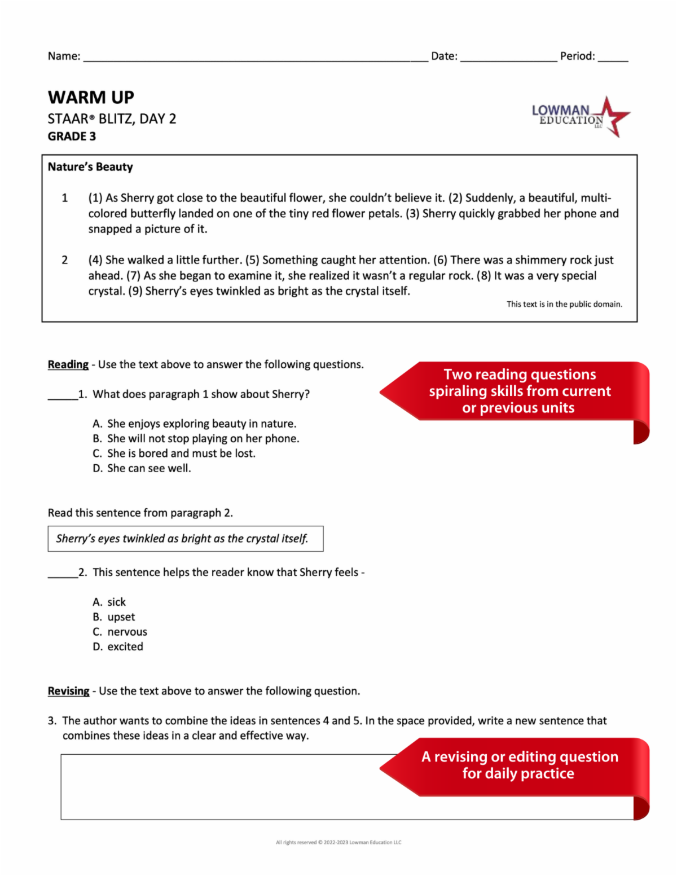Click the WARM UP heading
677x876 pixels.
[x=91, y=97]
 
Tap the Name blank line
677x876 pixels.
[x=255, y=57]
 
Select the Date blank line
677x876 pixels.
[x=508, y=57]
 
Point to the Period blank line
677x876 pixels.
[x=613, y=57]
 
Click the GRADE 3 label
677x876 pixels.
[x=72, y=137]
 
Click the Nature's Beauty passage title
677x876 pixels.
[x=90, y=167]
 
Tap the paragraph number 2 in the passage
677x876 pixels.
[x=65, y=260]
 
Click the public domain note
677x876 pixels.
[x=564, y=304]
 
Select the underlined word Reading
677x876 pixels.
[x=68, y=365]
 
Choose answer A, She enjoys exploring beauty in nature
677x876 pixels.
[x=195, y=424]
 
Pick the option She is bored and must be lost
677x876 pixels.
[x=174, y=454]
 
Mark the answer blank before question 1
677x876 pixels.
[x=63, y=395]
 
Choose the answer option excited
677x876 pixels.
[x=118, y=647]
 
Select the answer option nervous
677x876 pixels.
[x=120, y=632]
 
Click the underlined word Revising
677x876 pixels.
[x=68, y=691]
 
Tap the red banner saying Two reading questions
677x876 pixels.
[x=519, y=391]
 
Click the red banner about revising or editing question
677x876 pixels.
[x=519, y=765]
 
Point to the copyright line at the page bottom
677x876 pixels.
[x=338, y=842]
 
